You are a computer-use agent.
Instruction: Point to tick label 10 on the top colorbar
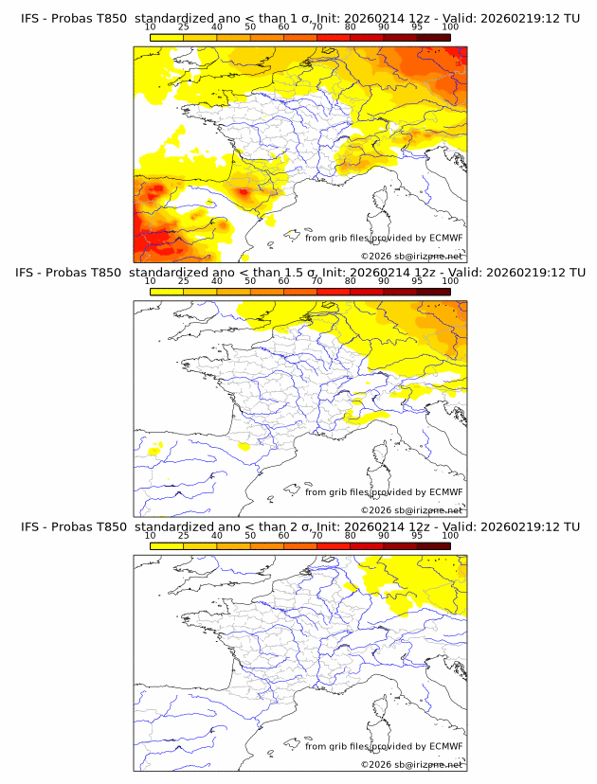[x=151, y=27]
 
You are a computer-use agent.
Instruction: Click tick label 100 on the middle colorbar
[x=449, y=281]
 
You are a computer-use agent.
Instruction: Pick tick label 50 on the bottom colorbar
[x=250, y=535]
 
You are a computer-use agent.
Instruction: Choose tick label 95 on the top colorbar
[x=417, y=27]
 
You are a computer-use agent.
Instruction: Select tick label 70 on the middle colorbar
[x=317, y=281]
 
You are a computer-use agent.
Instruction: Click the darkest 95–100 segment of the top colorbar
[x=433, y=37]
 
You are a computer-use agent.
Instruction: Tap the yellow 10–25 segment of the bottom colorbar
[x=167, y=544]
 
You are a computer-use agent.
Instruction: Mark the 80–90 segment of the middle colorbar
[x=367, y=291]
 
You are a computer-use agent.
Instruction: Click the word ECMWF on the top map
[x=446, y=239]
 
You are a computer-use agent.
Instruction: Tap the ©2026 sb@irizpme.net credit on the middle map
[x=412, y=510]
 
